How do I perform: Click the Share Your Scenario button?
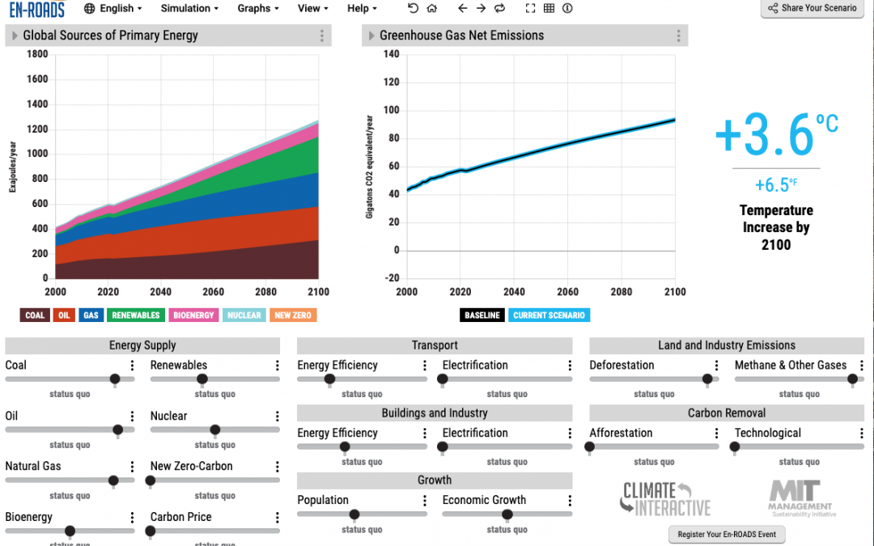click(814, 8)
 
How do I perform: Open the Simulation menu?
click(189, 8)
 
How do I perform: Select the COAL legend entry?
click(35, 315)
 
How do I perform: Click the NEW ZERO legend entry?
click(293, 315)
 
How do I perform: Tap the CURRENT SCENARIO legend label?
click(549, 315)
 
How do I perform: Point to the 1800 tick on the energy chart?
click(37, 54)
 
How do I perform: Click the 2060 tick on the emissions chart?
click(568, 292)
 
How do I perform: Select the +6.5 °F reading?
click(775, 185)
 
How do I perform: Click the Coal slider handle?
click(115, 379)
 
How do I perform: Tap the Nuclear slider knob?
click(214, 430)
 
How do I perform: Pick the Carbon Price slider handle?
click(151, 531)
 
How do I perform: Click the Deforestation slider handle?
click(707, 379)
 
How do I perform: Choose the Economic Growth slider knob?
click(507, 514)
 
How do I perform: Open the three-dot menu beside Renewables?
click(278, 366)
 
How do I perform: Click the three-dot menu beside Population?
click(424, 501)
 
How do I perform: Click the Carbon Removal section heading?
click(726, 413)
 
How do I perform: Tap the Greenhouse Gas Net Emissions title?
click(461, 36)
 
